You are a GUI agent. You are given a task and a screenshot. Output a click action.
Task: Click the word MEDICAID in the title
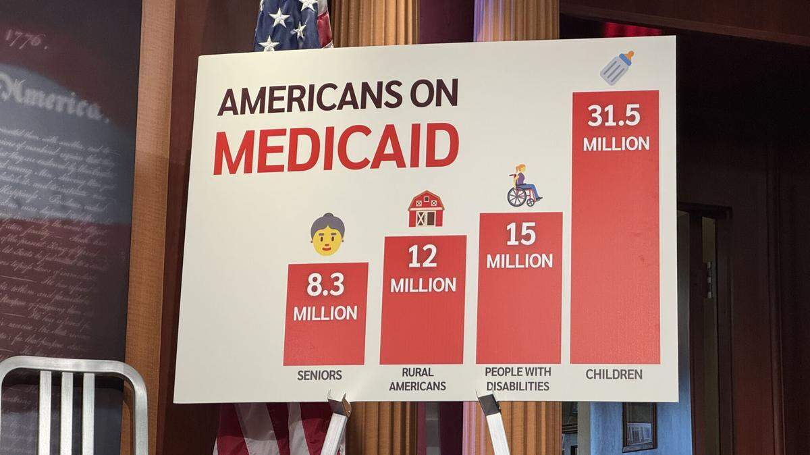[335, 148]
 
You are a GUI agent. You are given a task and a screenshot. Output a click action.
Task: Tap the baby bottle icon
[617, 68]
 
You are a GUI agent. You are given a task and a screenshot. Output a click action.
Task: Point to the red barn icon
[425, 209]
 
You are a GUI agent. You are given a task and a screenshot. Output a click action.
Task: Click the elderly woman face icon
[327, 234]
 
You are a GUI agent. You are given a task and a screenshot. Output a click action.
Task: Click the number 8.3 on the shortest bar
[325, 285]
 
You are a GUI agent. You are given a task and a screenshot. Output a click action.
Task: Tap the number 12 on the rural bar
[422, 257]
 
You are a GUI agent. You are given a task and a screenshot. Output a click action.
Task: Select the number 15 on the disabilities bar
[520, 234]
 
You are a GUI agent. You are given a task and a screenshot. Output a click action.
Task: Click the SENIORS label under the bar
[319, 375]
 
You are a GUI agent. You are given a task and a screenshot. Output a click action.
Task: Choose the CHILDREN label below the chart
[614, 374]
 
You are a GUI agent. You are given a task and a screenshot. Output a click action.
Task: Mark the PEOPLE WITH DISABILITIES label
[518, 379]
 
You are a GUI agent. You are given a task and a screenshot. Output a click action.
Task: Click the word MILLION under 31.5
[616, 144]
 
